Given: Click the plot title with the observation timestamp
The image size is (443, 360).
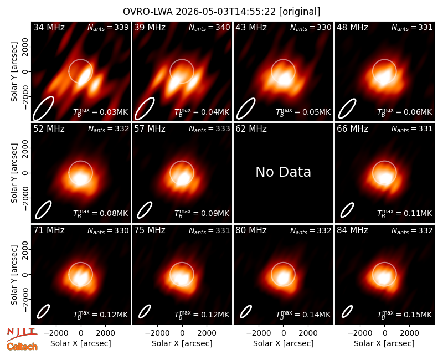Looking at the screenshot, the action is (221, 12).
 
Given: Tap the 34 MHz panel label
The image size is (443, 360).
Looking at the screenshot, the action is (49, 27).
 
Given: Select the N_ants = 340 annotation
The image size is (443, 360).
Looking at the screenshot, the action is (209, 27).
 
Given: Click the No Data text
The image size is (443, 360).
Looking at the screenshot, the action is (283, 172).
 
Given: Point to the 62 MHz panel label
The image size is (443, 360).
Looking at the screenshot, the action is (251, 129).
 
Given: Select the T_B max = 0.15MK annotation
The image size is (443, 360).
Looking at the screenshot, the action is (405, 314).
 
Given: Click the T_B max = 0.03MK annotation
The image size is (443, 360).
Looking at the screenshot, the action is (101, 112).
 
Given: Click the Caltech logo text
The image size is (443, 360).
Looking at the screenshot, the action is (22, 347).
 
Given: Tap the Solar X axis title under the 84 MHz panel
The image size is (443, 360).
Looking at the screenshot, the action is (384, 343).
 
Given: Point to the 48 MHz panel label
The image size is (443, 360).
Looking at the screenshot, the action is (352, 27).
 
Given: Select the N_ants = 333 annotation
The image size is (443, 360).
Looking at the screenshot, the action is (209, 129).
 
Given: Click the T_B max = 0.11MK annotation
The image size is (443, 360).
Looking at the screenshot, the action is (405, 213).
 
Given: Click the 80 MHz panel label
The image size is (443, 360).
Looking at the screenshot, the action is (251, 230).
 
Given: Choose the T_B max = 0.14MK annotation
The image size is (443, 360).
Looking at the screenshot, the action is (303, 314).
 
